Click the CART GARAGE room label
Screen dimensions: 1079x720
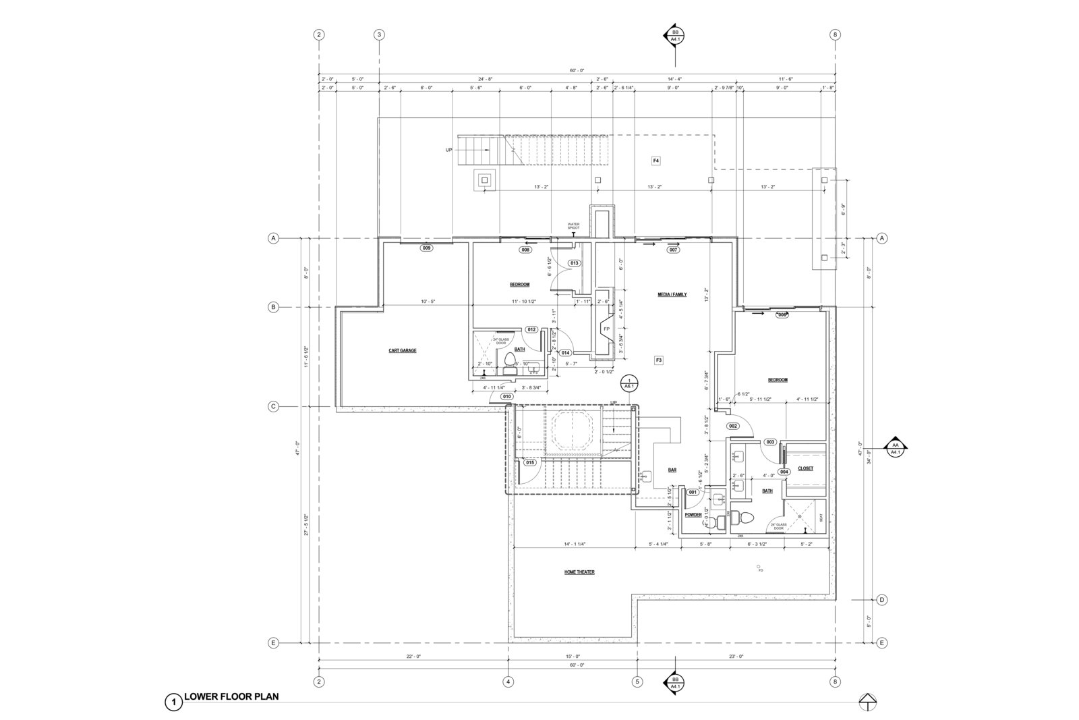coord(403,351)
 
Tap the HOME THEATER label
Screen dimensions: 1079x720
coord(579,572)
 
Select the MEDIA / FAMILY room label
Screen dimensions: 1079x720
coord(672,295)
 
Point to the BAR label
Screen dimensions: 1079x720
coord(672,470)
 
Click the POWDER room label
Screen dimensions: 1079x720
coord(693,515)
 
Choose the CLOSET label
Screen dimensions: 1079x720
coord(805,468)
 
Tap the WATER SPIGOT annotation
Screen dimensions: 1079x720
coord(573,226)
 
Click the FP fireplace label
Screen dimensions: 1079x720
coord(606,329)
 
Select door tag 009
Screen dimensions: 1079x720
coord(426,248)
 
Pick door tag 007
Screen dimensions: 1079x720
coord(673,250)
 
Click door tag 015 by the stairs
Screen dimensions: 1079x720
coord(529,462)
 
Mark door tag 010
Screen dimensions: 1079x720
coord(507,397)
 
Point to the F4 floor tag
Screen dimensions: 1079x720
coord(655,161)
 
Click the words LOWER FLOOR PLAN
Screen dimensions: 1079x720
coord(231,697)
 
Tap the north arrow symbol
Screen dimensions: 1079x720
coord(868,702)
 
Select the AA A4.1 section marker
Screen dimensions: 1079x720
coord(896,448)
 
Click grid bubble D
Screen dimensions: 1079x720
coord(881,600)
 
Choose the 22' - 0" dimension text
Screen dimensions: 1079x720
coord(413,657)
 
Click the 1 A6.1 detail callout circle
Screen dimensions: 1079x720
coord(629,383)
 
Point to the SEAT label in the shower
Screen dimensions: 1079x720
coord(821,518)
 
